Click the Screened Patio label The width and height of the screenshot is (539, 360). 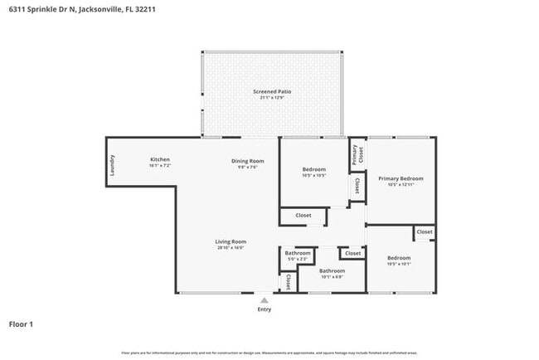pos(272,91)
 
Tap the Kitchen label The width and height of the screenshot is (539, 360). pos(160,159)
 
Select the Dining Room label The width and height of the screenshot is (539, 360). pos(247,160)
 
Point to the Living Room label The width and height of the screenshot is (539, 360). pos(231,241)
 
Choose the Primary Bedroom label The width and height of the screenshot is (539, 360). pos(401,178)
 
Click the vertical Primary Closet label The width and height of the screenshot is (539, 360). pos(357,154)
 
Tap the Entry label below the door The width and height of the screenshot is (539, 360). pos(264,309)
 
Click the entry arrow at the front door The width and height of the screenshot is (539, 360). pos(264,300)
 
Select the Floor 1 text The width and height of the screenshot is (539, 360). pos(21,324)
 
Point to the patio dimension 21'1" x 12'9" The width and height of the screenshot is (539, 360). pos(272,98)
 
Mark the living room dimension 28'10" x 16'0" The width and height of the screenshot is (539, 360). pos(231,248)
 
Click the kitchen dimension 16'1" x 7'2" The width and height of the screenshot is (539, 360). pos(160,166)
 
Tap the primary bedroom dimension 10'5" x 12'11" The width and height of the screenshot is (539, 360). pos(401,185)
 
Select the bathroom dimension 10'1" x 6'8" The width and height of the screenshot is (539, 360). pos(332,276)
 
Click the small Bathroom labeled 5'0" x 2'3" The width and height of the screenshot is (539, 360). pos(298,253)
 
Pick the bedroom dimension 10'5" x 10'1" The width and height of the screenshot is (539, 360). pos(399,265)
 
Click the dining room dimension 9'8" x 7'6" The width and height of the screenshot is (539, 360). pos(247,167)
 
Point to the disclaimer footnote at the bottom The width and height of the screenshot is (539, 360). pos(269,353)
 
